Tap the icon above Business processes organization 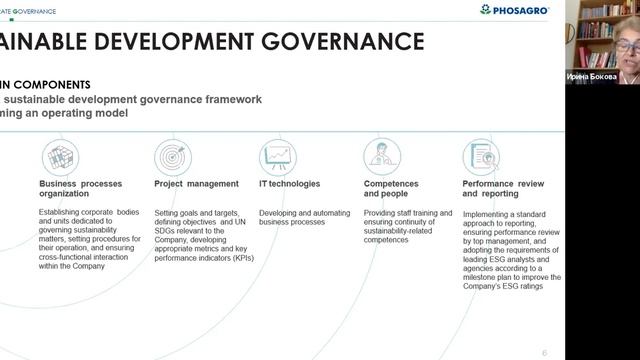(60, 157)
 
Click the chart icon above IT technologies (278, 157)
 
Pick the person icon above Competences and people (381, 157)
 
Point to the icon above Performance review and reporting (481, 157)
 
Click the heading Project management (196, 184)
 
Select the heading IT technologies (289, 184)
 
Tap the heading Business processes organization (83, 189)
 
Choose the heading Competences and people (391, 189)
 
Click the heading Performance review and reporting (503, 189)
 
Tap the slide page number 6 (544, 352)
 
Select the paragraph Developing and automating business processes (301, 217)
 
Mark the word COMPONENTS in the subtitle (55, 85)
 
